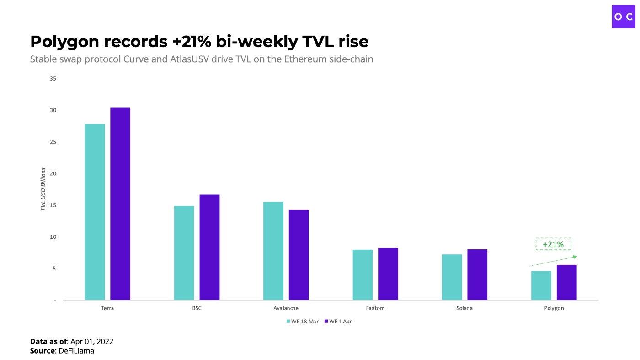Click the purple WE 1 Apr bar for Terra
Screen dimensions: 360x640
[x=120, y=204]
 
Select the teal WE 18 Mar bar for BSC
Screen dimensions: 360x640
[x=184, y=253]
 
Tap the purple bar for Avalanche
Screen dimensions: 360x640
[x=299, y=255]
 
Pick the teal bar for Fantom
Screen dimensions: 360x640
[x=363, y=275]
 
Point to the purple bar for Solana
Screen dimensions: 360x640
[x=477, y=275]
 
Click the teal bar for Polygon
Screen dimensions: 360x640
[x=541, y=286]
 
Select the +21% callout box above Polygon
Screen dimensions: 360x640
[x=553, y=244]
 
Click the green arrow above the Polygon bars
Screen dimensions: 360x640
[x=553, y=261]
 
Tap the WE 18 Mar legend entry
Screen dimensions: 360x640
[x=302, y=322]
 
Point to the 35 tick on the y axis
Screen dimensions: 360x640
[x=53, y=79]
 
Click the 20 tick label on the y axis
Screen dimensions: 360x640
[x=53, y=174]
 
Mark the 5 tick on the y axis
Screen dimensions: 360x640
[x=54, y=269]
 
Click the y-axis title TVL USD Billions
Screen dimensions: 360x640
[x=43, y=189]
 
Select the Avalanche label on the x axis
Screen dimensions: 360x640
[x=286, y=308]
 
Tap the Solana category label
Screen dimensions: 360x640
[x=464, y=308]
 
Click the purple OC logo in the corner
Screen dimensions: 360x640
[x=624, y=16]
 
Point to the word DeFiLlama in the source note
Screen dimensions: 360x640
[x=77, y=350]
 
